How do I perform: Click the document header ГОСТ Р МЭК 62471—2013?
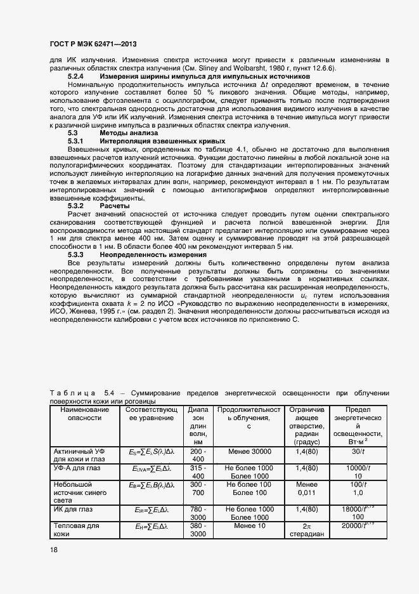[93, 44]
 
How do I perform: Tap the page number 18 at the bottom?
[53, 550]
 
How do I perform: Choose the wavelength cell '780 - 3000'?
[198, 513]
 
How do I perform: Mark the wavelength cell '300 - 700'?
[198, 488]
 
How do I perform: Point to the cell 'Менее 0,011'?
[306, 488]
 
